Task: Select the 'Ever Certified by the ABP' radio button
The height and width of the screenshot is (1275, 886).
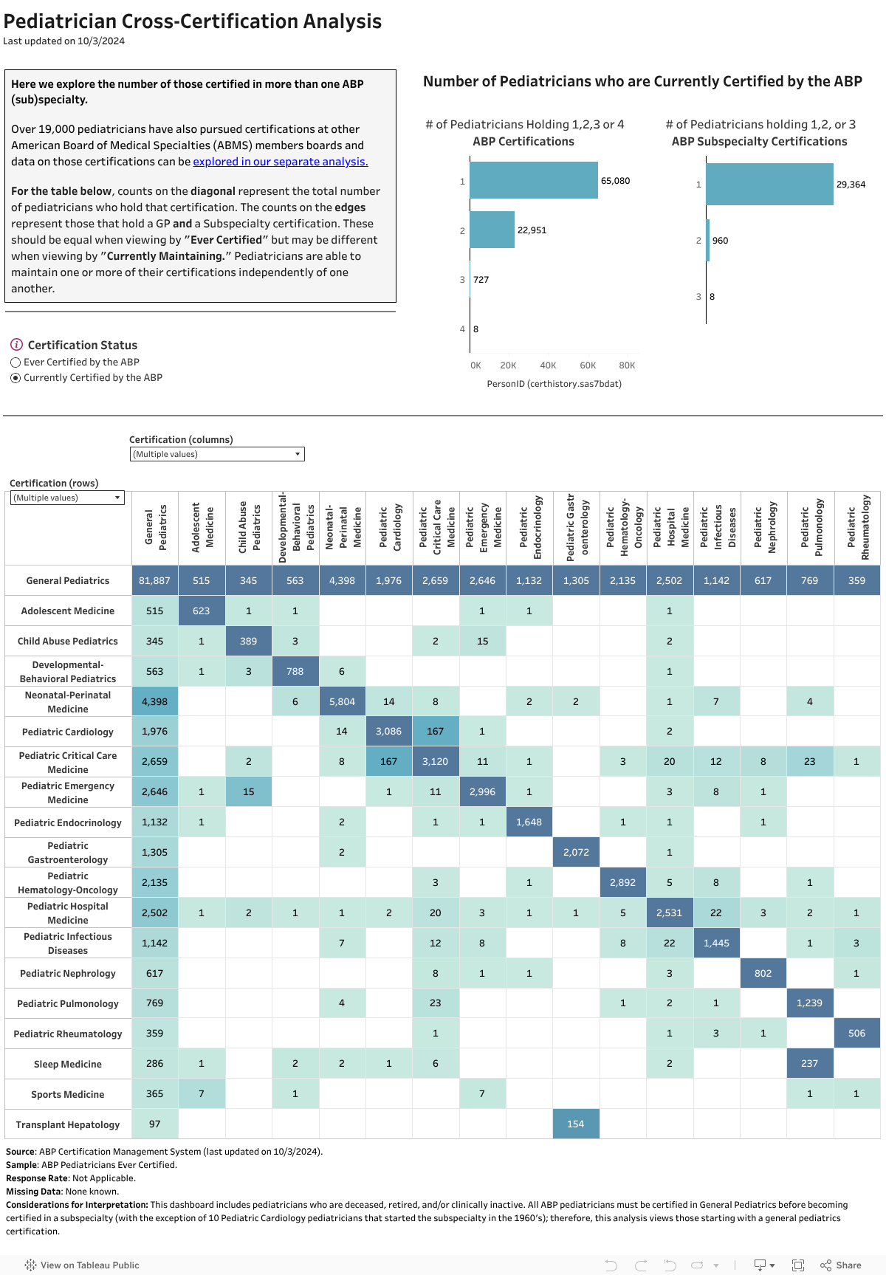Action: point(16,362)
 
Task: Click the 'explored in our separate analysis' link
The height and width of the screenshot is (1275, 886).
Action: point(281,162)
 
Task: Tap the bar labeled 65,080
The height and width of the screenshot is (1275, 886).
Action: point(533,180)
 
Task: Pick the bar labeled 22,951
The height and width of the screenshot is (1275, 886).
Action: point(492,230)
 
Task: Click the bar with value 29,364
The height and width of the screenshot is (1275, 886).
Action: point(769,184)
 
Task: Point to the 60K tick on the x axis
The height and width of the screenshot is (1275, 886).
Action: point(588,365)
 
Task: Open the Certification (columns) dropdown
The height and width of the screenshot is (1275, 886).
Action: point(217,454)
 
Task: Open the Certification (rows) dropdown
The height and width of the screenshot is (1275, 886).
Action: point(67,498)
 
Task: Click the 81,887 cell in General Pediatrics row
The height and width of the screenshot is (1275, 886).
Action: point(154,580)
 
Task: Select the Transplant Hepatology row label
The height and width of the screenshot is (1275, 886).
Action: point(68,1124)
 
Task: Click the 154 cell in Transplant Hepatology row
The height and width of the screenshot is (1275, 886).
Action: point(576,1124)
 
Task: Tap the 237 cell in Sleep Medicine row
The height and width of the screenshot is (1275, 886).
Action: point(810,1063)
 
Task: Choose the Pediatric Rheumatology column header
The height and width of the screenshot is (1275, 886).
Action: point(857,527)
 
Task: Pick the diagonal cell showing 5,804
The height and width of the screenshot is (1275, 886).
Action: point(342,701)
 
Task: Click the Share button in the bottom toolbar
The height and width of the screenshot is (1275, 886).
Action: point(841,1265)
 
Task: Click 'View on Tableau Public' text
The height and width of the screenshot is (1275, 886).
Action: point(89,1265)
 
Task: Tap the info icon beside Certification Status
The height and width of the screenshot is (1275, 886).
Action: point(16,345)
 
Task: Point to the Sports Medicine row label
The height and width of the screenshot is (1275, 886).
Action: point(68,1094)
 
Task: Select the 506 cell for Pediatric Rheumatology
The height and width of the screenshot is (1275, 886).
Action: point(856,1033)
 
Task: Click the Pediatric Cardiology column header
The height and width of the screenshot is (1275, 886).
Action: point(389,527)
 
